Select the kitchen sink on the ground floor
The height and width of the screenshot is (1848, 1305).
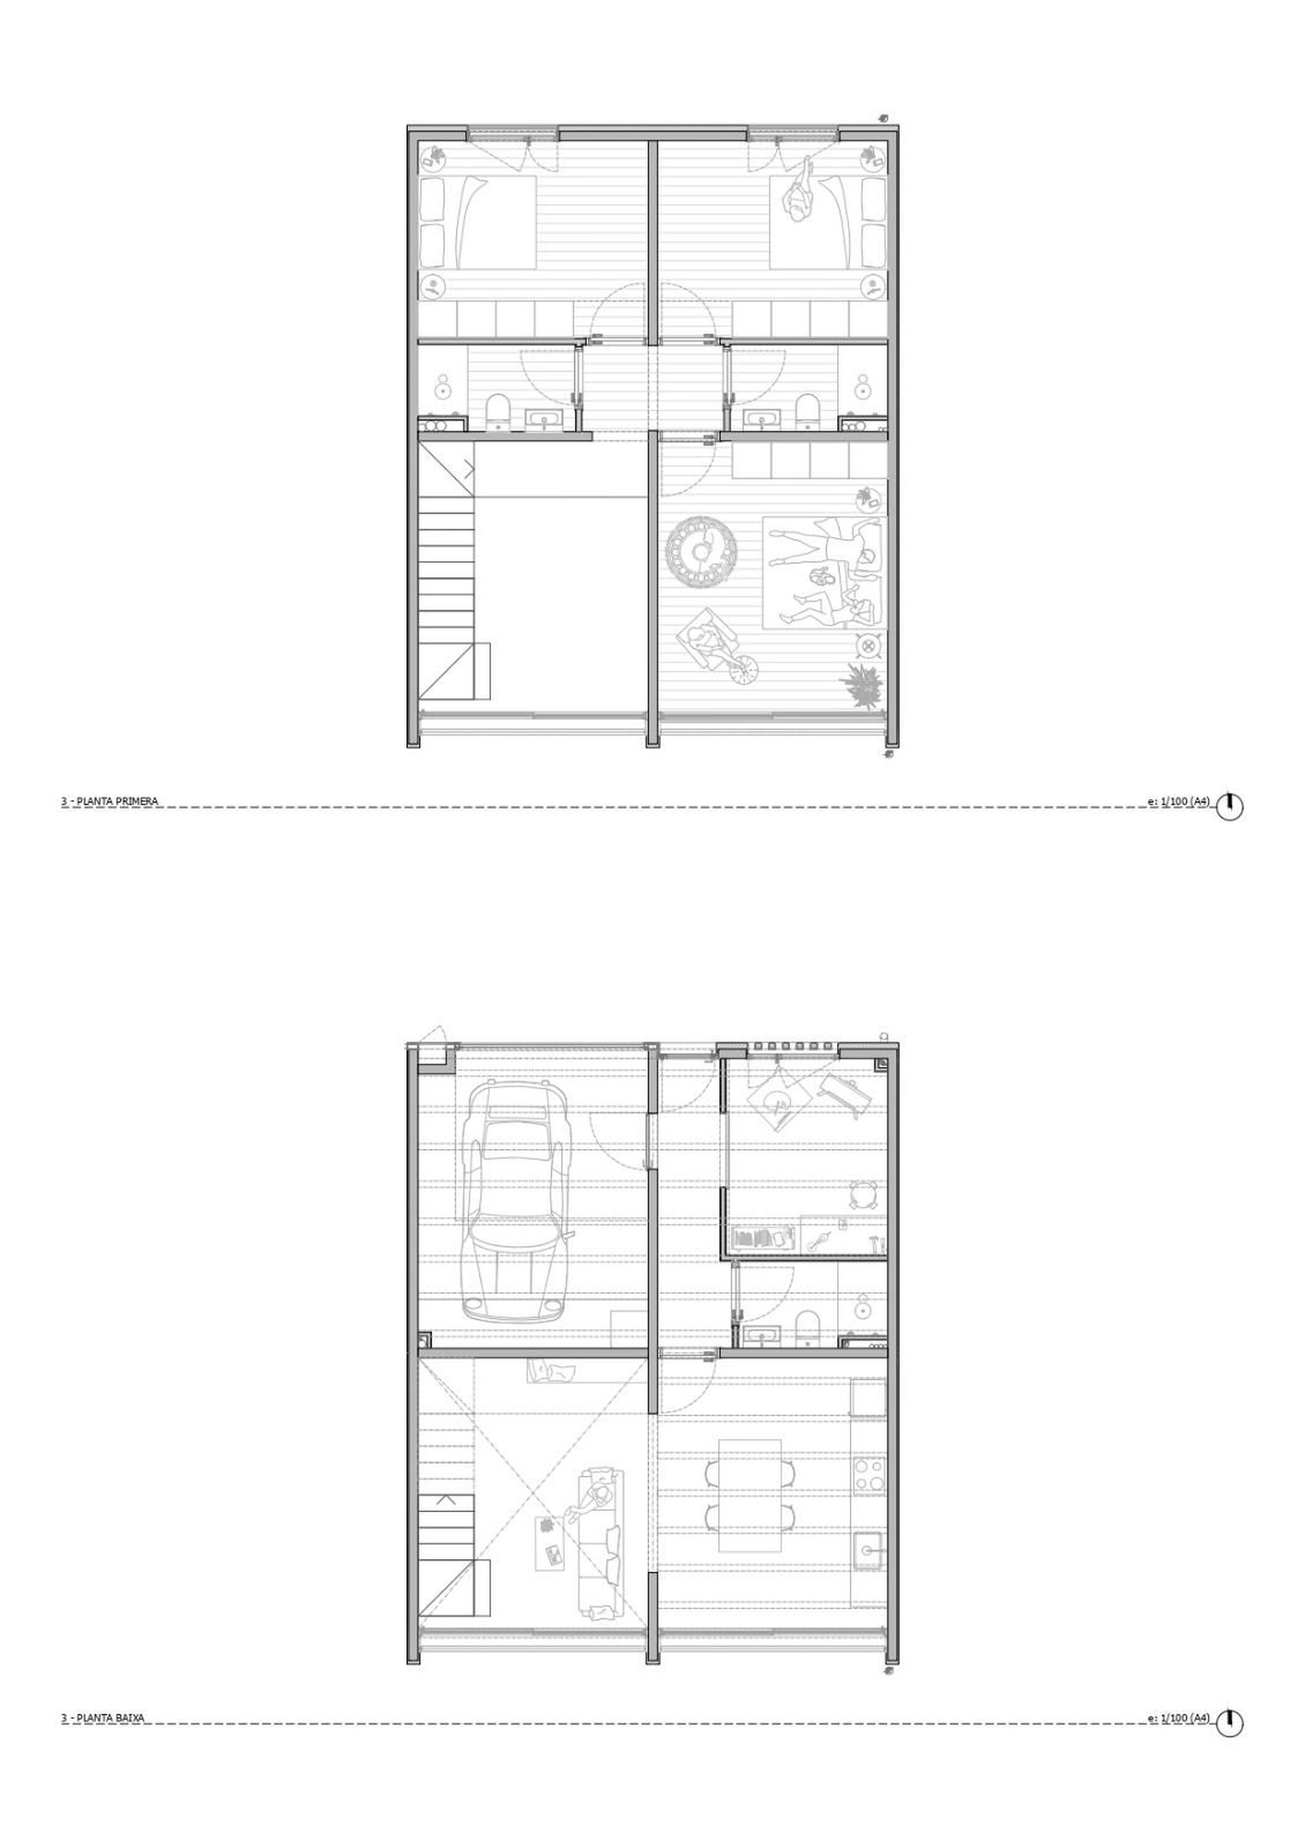pyautogui.click(x=869, y=1551)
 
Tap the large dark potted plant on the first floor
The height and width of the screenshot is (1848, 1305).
pyautogui.click(x=862, y=686)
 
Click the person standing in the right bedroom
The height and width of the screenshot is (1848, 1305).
pyautogui.click(x=800, y=197)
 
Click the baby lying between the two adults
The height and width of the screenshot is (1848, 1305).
pyautogui.click(x=822, y=578)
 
